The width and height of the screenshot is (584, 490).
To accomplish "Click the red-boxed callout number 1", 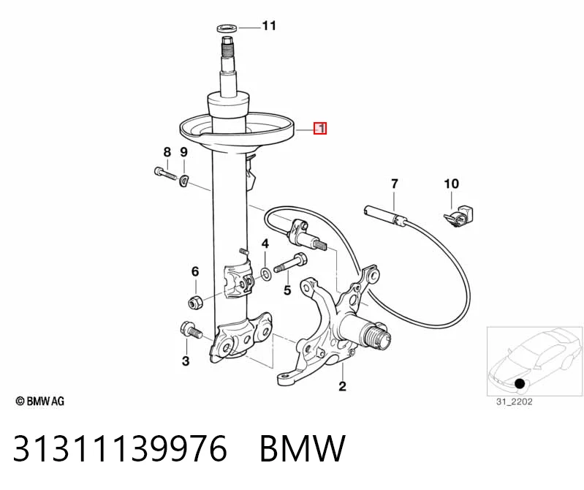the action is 320,128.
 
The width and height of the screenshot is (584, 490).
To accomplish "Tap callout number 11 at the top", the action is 269,26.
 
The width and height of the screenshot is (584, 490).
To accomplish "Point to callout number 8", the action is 167,152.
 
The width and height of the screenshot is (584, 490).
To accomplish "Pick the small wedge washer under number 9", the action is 183,181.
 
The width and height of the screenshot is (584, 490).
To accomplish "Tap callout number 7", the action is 395,184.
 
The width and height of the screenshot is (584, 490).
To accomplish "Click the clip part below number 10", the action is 458,216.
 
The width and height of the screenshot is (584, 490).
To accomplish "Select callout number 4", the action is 265,244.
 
